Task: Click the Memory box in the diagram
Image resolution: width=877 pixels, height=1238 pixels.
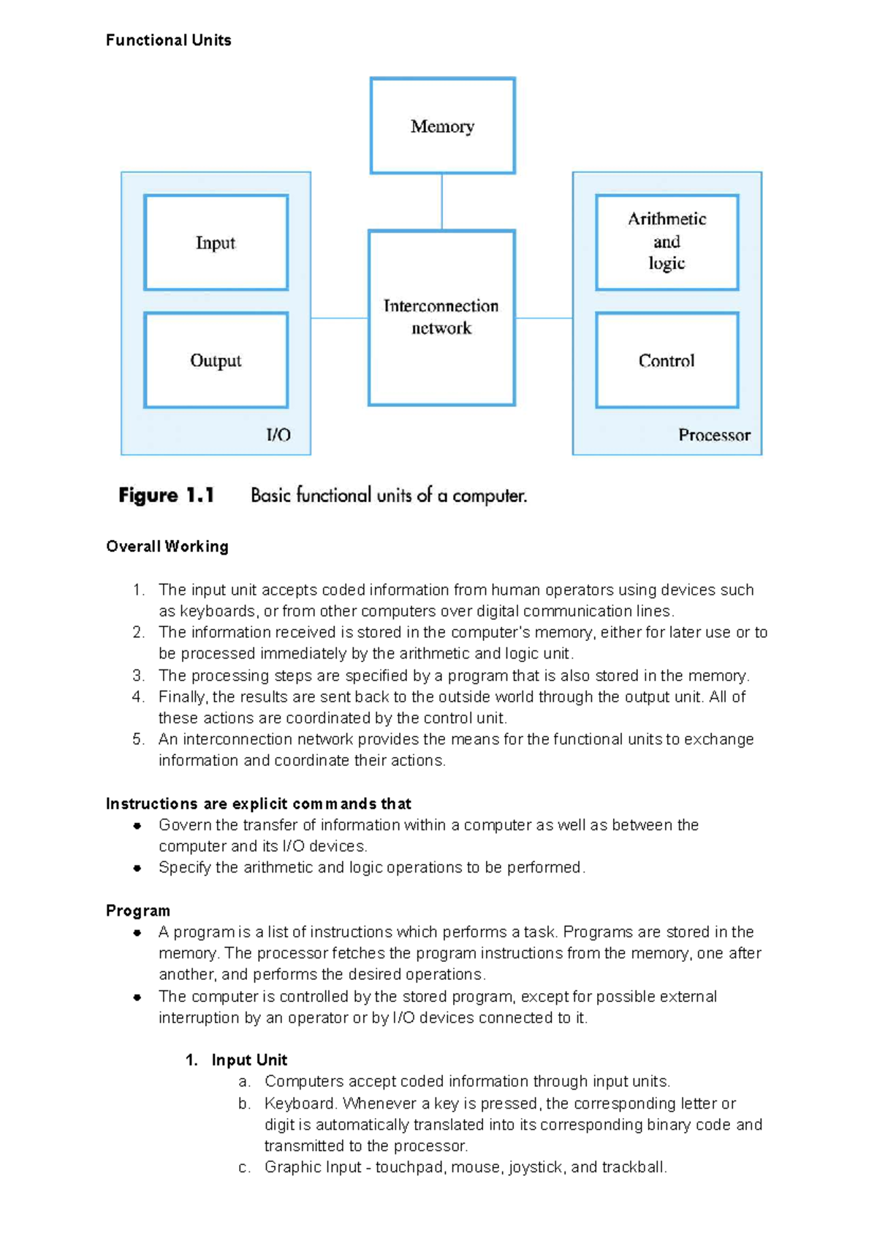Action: tap(442, 126)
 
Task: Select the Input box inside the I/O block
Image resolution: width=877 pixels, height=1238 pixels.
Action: tap(216, 243)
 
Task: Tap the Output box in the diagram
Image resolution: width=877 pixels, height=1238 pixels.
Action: tap(216, 360)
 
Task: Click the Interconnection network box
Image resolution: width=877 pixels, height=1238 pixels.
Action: tap(441, 317)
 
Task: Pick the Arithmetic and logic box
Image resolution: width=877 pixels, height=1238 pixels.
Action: tap(667, 242)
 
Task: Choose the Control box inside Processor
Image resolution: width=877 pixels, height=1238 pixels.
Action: tap(667, 360)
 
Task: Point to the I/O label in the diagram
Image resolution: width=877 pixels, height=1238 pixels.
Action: tap(278, 436)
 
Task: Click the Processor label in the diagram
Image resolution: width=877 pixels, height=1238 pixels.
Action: tap(714, 436)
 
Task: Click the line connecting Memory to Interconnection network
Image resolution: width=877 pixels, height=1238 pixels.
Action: tap(441, 202)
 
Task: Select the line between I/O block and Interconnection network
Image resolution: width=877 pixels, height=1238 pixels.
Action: tap(339, 318)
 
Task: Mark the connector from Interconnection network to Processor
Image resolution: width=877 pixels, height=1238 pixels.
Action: tap(544, 318)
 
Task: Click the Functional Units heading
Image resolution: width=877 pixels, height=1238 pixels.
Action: tap(168, 40)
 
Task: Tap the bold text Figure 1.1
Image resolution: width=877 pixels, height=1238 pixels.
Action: tap(166, 495)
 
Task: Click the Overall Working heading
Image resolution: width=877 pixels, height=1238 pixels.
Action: tap(167, 547)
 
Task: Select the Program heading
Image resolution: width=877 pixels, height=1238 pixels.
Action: tap(137, 911)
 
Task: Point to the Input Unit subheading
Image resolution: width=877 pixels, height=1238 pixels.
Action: tap(248, 1060)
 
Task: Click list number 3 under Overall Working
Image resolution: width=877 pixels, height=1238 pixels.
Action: tap(138, 675)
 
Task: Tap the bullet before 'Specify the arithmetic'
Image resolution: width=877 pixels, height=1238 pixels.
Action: tap(137, 868)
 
